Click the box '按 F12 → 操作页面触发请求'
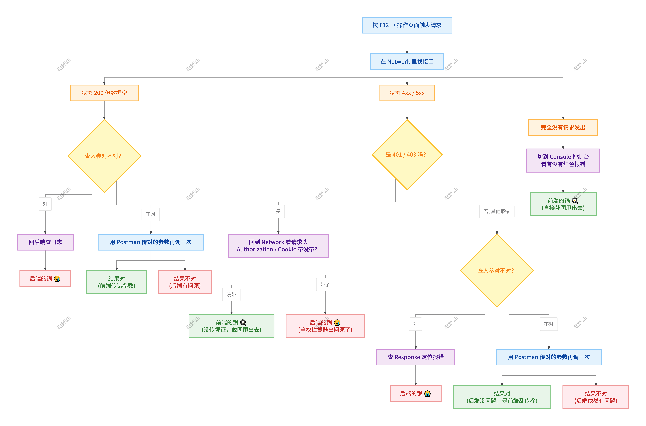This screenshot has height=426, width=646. (407, 25)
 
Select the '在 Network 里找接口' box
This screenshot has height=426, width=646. (407, 62)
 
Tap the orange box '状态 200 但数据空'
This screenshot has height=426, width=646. (104, 93)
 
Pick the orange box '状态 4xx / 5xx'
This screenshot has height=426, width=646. (407, 93)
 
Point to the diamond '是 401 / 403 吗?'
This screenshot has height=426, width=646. (407, 155)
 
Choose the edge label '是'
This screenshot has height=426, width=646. (278, 211)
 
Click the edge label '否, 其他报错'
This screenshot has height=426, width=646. (497, 211)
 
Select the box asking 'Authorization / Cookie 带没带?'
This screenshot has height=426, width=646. (278, 246)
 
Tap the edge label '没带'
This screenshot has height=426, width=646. (231, 295)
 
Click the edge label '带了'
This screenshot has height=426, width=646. (325, 284)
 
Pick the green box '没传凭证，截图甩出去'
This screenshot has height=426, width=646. (231, 326)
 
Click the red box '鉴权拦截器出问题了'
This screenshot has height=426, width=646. (325, 326)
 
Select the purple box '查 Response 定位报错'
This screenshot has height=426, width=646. (416, 357)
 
